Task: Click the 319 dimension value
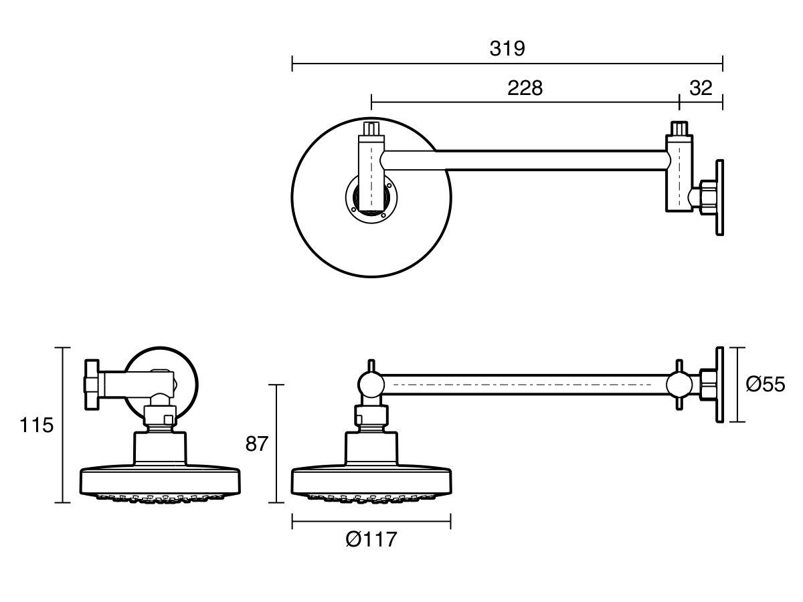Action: (x=507, y=48)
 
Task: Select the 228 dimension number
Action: (x=525, y=88)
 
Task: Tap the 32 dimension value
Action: (x=700, y=88)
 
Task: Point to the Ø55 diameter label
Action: (x=765, y=385)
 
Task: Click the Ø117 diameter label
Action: (x=371, y=539)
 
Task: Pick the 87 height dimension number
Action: (x=256, y=443)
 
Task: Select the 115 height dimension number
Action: (x=37, y=425)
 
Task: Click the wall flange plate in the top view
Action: (x=720, y=197)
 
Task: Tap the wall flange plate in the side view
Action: (x=720, y=385)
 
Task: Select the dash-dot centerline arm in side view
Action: (x=525, y=385)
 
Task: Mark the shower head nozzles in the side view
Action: (x=371, y=498)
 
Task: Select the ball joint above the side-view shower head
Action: (x=370, y=385)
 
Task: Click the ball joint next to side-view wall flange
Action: (x=679, y=385)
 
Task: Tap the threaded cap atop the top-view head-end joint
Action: (x=371, y=128)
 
